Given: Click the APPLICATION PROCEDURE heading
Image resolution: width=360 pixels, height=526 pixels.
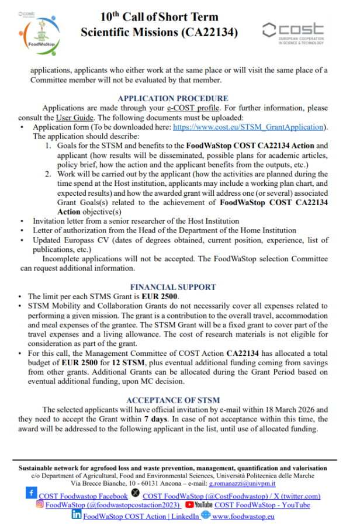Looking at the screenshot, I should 173,99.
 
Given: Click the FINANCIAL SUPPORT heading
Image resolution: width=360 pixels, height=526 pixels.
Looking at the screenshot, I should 173,287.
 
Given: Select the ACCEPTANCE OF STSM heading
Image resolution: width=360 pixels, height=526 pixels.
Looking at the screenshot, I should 173,400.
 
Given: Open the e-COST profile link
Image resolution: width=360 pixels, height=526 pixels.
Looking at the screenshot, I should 193,108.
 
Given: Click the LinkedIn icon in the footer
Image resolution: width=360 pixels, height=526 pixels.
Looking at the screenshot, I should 77,515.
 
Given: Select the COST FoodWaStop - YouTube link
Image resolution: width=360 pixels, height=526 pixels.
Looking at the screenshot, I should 262,505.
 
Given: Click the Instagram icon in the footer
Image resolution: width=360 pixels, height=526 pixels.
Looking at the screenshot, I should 40,504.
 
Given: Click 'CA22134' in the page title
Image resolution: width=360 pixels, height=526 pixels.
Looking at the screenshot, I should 205,33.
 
